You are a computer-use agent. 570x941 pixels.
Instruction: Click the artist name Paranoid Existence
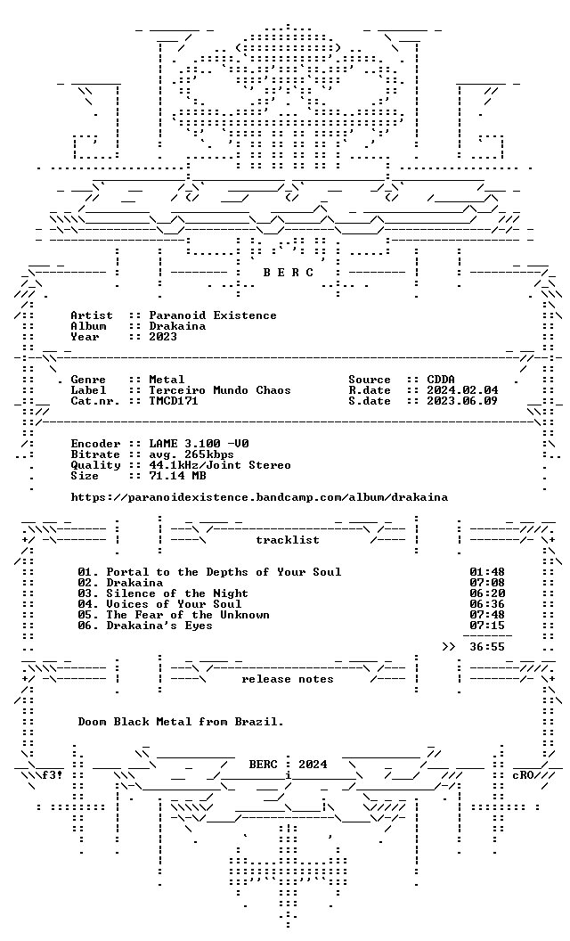(x=213, y=315)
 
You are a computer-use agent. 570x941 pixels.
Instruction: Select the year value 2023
(x=163, y=337)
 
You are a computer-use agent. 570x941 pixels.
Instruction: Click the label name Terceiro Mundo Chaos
(x=220, y=390)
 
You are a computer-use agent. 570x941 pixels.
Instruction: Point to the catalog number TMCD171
(x=174, y=402)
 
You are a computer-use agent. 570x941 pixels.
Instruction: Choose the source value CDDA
(x=441, y=380)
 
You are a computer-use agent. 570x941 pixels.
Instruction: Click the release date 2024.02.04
(x=462, y=390)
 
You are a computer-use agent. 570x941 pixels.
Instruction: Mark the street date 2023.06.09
(x=462, y=402)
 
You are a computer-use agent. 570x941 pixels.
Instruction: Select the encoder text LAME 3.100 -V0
(x=199, y=444)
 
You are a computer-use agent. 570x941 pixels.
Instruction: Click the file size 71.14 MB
(x=177, y=477)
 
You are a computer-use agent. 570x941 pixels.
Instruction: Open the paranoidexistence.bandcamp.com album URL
(x=259, y=497)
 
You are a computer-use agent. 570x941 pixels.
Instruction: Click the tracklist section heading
(x=288, y=540)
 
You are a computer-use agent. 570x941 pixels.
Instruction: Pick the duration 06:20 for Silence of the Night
(x=487, y=593)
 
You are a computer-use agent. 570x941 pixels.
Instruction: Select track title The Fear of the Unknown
(x=188, y=615)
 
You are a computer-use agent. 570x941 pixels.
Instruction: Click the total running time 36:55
(x=487, y=648)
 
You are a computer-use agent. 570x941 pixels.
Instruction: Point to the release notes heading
(x=288, y=679)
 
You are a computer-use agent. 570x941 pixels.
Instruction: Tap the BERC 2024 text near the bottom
(x=288, y=765)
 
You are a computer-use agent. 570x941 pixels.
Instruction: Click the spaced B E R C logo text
(x=288, y=273)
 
